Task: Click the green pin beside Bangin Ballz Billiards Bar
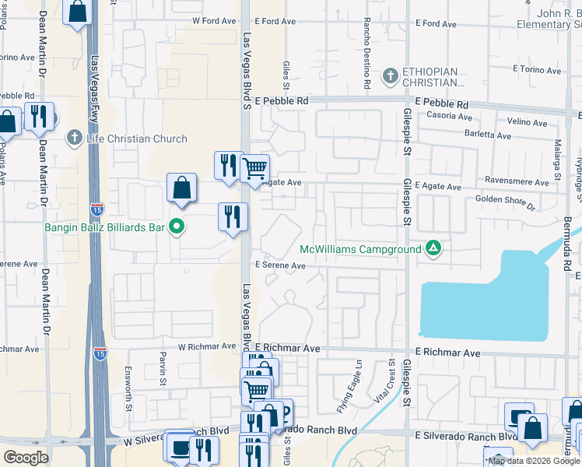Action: click(177, 227)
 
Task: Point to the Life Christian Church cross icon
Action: click(75, 139)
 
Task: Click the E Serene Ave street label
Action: click(280, 265)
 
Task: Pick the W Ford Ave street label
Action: click(214, 22)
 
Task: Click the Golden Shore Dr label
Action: click(507, 203)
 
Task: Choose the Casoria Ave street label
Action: click(450, 117)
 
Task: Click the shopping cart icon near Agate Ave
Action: click(254, 167)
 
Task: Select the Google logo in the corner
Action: click(26, 458)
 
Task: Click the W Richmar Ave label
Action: click(206, 347)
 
